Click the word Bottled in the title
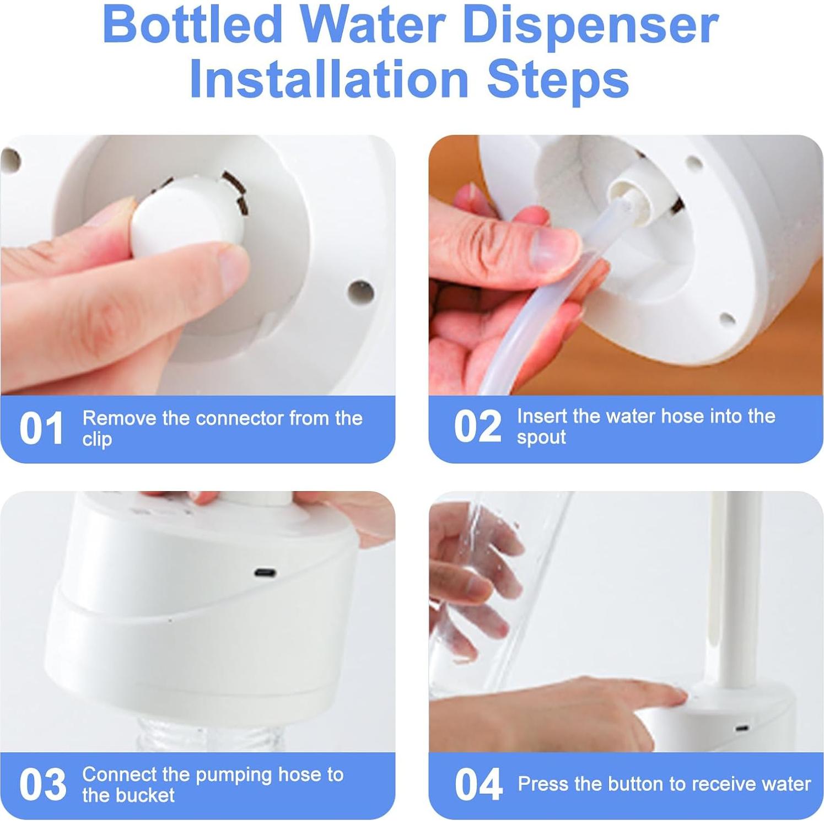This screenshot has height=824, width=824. click(192, 25)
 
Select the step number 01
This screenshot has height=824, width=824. click(41, 429)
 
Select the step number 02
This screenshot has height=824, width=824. click(477, 427)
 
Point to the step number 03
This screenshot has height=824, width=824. click(42, 785)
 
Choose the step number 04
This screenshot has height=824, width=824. click(478, 785)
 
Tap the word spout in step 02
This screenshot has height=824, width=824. click(541, 438)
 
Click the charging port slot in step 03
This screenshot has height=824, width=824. click(266, 573)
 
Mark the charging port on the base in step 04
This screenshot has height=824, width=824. click(742, 728)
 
